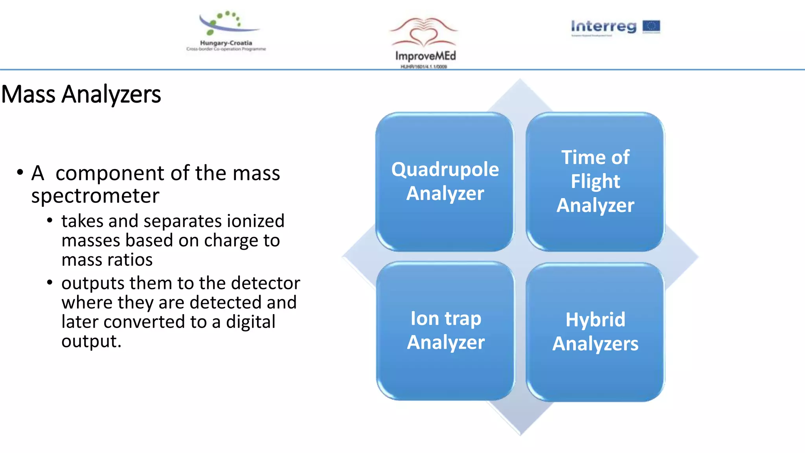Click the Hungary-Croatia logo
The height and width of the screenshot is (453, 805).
[x=226, y=31]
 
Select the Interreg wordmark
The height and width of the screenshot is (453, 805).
[x=603, y=26]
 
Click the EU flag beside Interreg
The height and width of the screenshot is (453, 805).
[x=651, y=26]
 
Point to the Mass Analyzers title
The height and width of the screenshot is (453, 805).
[x=81, y=94]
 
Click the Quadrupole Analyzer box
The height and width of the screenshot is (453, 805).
[x=445, y=182]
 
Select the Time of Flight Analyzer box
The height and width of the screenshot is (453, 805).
[x=595, y=182]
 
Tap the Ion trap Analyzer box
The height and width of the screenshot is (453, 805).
[x=446, y=331]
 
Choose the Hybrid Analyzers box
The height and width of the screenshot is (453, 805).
[x=595, y=332]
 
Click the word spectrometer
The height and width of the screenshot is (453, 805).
[x=95, y=196]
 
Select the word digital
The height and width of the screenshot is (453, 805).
[x=250, y=322]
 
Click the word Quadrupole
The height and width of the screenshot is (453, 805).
[x=445, y=170]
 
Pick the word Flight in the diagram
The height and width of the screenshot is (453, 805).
[x=595, y=182]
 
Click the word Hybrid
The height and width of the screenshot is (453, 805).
[x=595, y=319]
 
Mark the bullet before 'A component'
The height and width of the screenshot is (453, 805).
[x=20, y=173]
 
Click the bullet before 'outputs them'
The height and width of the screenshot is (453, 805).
[x=50, y=283]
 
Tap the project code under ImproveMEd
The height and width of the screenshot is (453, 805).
[x=423, y=67]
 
